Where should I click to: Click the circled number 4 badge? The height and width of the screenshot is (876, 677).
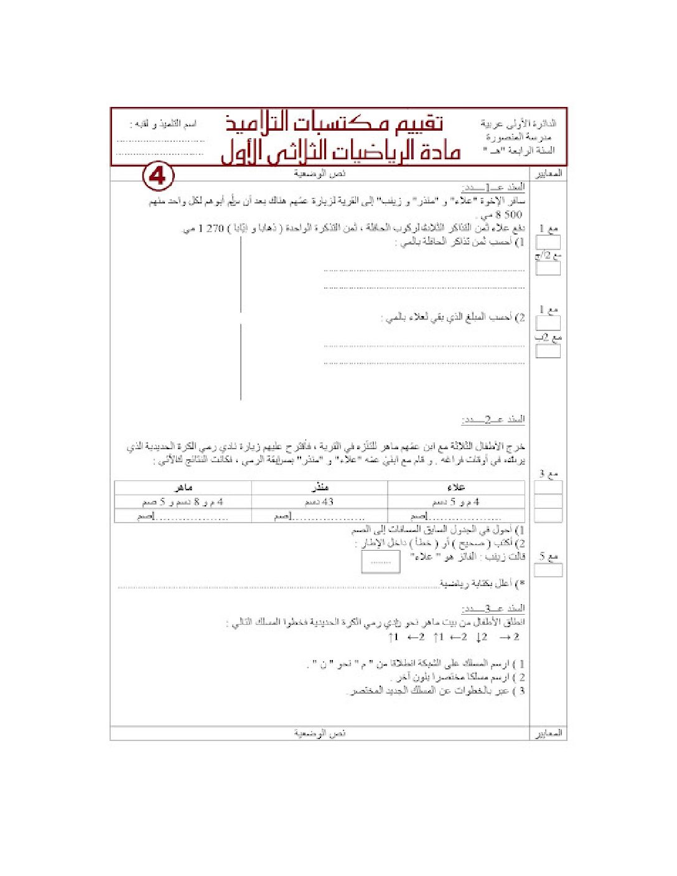pos(158,177)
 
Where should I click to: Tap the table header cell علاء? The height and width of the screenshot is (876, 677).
pos(456,487)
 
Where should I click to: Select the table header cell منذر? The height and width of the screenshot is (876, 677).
pos(319,487)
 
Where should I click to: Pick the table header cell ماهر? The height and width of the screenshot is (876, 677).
pos(183,487)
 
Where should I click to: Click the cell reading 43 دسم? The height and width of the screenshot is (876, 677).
pos(319,501)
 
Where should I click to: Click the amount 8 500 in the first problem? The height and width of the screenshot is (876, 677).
pos(508,215)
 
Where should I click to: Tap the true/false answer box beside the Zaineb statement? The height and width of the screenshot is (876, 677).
pos(380,562)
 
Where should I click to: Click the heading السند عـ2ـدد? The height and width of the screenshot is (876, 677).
pos(493,419)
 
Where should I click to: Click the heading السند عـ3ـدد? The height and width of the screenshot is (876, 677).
pos(493,608)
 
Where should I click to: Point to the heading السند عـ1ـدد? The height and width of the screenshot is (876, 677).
pos(493,187)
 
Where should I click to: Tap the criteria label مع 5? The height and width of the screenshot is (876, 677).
pos(549,556)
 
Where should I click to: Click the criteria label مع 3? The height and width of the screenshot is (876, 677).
pos(549,474)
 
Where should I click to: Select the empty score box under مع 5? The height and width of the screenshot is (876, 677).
pos(549,570)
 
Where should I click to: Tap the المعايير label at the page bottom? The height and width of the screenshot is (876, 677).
pos(549,734)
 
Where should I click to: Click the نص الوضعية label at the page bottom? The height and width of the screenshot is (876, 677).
pos(320,734)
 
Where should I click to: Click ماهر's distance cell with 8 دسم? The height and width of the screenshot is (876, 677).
pos(183,501)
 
